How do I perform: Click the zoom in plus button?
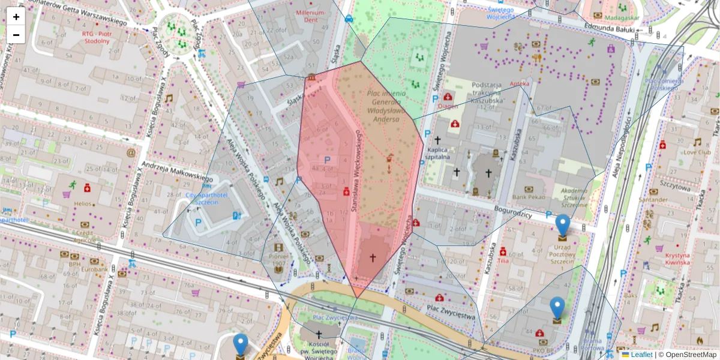click(16, 17)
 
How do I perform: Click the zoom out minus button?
click(16, 35)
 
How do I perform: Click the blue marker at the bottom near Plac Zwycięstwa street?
click(241, 346)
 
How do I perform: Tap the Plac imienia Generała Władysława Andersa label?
click(386, 107)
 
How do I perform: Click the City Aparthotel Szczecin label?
click(206, 199)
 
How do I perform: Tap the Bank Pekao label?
click(527, 197)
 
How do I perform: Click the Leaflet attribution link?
click(641, 355)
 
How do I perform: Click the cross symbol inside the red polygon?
click(372, 257)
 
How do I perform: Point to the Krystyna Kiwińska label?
click(677, 258)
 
